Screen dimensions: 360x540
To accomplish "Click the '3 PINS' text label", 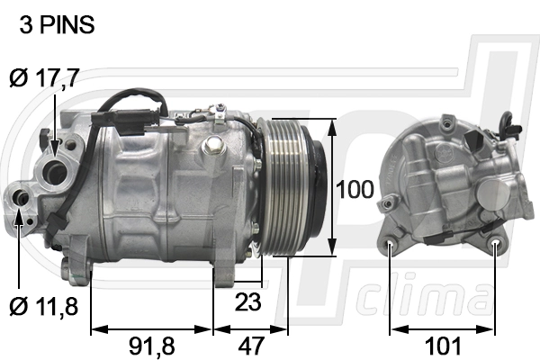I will point(56,26).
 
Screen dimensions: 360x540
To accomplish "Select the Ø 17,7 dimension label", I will point(44,78).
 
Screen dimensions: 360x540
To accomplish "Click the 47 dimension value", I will point(251,345).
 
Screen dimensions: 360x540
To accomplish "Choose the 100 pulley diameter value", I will point(353,190).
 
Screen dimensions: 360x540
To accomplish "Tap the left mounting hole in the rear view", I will point(391,243).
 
